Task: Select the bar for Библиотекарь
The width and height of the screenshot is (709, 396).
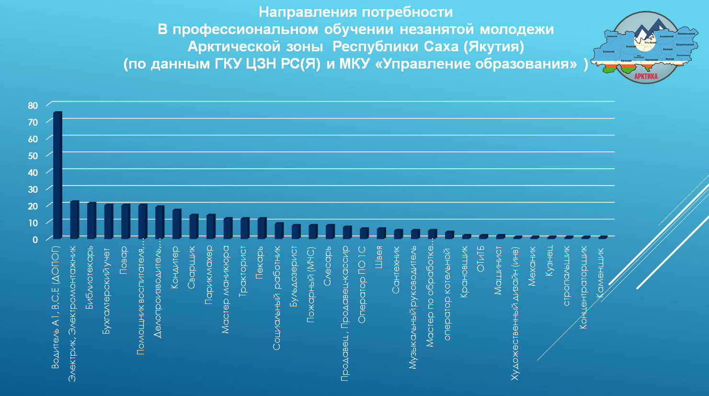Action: pyautogui.click(x=91, y=221)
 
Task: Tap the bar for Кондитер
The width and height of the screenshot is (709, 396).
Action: pyautogui.click(x=177, y=224)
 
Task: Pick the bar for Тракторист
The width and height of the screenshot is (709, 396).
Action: pyautogui.click(x=245, y=228)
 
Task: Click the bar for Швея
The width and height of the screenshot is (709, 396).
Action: pyautogui.click(x=381, y=233)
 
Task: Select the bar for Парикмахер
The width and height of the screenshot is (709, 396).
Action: pyautogui.click(x=211, y=227)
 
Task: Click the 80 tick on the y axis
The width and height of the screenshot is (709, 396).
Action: pyautogui.click(x=33, y=105)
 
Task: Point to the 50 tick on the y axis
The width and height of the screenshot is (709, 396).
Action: pyautogui.click(x=33, y=156)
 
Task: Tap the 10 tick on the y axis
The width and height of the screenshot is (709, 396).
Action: pyautogui.click(x=33, y=223)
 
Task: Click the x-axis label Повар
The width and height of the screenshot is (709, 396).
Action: pyautogui.click(x=124, y=260)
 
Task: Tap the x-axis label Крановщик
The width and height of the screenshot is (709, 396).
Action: pyautogui.click(x=464, y=272)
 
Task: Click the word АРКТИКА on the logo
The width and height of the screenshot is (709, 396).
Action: pyautogui.click(x=645, y=76)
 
